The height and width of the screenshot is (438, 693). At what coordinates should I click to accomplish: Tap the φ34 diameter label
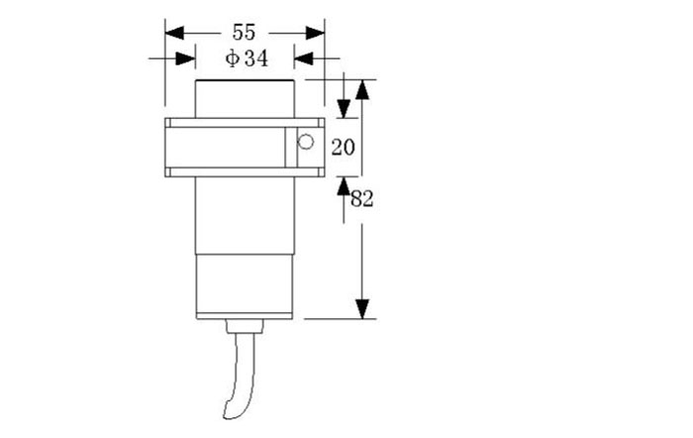pos(246,59)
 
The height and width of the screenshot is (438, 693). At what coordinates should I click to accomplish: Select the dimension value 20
pos(343,148)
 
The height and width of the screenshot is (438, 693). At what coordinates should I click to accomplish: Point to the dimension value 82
pos(361,199)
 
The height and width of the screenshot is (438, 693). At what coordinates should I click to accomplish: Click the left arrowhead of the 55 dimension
pos(174,33)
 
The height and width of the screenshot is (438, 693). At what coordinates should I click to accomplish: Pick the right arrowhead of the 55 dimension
pos(316,33)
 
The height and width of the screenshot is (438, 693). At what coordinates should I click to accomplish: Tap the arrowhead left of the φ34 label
pos(186,59)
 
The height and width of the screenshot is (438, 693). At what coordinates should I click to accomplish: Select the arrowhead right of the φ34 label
pos(304,59)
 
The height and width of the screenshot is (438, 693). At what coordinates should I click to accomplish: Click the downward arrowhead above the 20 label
pos(344,108)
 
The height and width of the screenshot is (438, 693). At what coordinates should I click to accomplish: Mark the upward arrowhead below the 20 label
pos(344,186)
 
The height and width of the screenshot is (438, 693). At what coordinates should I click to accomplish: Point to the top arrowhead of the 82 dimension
pos(362,89)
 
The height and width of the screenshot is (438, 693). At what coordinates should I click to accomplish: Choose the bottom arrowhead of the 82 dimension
pos(362,308)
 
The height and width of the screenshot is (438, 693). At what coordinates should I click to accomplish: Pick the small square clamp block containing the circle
pos(304,148)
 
